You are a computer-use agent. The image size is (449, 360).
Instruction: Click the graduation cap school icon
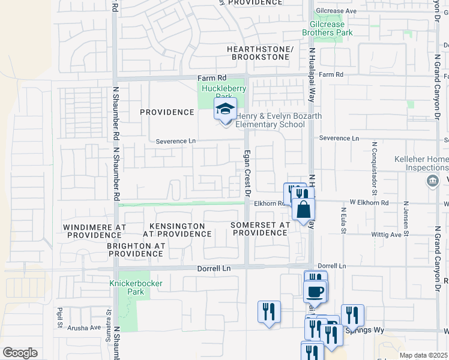pyautogui.click(x=225, y=110)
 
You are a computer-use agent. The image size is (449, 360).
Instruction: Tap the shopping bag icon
pyautogui.click(x=304, y=209)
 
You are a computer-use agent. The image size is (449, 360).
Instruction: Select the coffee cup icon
pyautogui.click(x=315, y=292)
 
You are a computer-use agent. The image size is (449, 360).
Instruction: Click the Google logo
pyautogui.click(x=20, y=353)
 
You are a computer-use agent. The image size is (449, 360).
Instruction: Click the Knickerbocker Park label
pyautogui.click(x=128, y=287)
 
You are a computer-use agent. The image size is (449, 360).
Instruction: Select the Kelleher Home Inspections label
pyautogui.click(x=421, y=163)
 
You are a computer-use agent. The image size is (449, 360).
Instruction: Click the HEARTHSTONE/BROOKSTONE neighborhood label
pyautogui.click(x=260, y=53)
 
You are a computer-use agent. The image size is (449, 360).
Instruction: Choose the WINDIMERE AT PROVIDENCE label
pyautogui.click(x=95, y=231)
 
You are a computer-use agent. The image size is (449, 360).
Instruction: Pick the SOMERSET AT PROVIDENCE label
pyautogui.click(x=260, y=229)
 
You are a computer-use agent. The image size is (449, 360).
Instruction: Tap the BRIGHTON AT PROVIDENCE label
pyautogui.click(x=136, y=250)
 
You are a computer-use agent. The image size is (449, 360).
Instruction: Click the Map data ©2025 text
pyautogui.click(x=423, y=355)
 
